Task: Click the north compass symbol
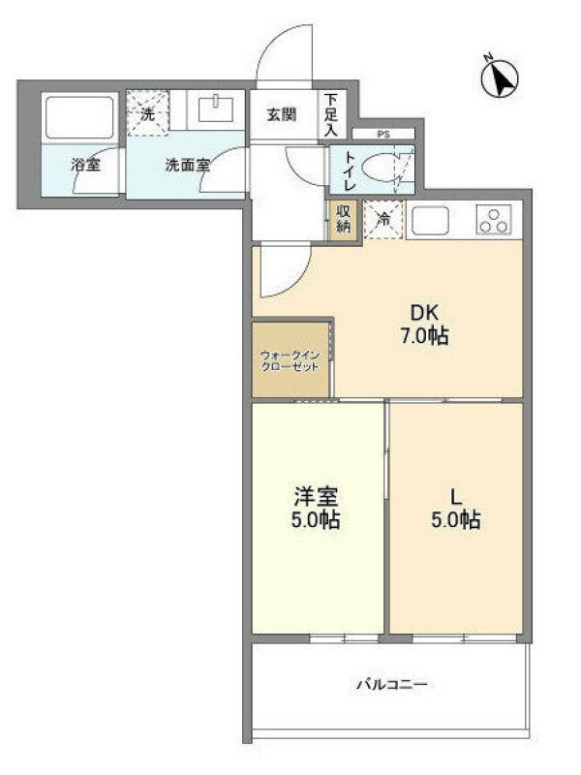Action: pyautogui.click(x=500, y=77)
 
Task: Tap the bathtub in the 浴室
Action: pyautogui.click(x=80, y=117)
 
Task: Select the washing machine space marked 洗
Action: pyautogui.click(x=147, y=113)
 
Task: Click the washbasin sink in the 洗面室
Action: pyautogui.click(x=216, y=109)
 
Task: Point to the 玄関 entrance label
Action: pyautogui.click(x=282, y=114)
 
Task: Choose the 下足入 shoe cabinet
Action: pyautogui.click(x=331, y=115)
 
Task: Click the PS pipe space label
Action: pyautogui.click(x=383, y=134)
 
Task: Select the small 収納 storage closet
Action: pyautogui.click(x=344, y=219)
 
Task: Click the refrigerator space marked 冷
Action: pyautogui.click(x=383, y=220)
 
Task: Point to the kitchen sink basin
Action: pyautogui.click(x=430, y=220)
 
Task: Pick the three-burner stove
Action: pyautogui.click(x=494, y=220)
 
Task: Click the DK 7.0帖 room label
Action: pyautogui.click(x=424, y=325)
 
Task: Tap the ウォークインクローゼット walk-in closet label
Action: pyautogui.click(x=290, y=360)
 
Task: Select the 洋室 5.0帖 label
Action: pyautogui.click(x=316, y=508)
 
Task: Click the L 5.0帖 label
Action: pyautogui.click(x=456, y=508)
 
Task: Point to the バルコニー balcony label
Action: pyautogui.click(x=392, y=685)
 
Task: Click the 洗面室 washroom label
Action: pyautogui.click(x=188, y=165)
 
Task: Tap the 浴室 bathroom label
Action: pyautogui.click(x=86, y=164)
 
